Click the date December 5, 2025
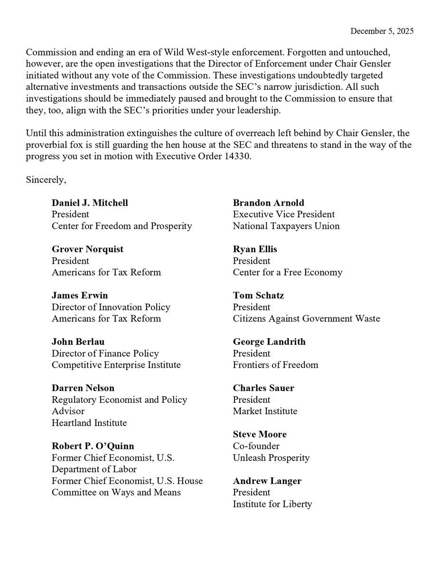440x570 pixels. tap(382, 31)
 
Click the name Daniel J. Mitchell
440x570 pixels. tap(90, 203)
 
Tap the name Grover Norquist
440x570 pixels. tap(87, 249)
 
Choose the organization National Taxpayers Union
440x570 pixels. tap(286, 226)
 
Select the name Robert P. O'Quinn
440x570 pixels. tap(93, 446)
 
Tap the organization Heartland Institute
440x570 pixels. tap(89, 423)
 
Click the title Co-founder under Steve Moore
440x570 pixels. tap(256, 446)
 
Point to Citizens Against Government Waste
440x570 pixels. tap(306, 319)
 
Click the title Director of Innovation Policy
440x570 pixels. tap(111, 307)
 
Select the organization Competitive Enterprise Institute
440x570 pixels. tap(116, 365)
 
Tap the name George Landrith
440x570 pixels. tap(269, 342)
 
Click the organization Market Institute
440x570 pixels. tap(265, 411)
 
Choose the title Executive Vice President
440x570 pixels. tap(284, 215)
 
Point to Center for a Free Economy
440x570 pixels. tap(287, 273)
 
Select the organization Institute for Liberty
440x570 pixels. tap(272, 504)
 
